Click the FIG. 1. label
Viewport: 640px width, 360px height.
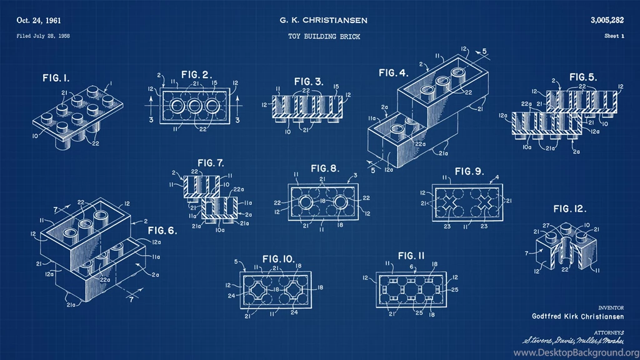[56, 78]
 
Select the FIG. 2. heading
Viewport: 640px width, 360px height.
[196, 74]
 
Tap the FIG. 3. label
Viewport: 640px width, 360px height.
[309, 81]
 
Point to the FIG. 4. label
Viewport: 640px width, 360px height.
[394, 73]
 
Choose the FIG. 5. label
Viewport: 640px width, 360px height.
[582, 77]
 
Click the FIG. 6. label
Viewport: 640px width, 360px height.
[162, 230]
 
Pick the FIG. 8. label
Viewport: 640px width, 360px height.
[325, 168]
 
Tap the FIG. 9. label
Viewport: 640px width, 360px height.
[469, 171]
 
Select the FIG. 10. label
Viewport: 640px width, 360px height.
[279, 258]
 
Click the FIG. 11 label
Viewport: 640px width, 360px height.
[411, 256]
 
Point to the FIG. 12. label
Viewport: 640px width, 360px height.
[570, 209]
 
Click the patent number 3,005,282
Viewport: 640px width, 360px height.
[607, 20]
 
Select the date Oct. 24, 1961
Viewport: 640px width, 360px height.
[42, 20]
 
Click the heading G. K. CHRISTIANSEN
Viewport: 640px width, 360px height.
[323, 20]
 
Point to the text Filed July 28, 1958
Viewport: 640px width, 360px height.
[43, 36]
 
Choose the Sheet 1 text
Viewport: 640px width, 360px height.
[614, 36]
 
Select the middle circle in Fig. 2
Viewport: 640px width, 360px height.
[195, 104]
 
